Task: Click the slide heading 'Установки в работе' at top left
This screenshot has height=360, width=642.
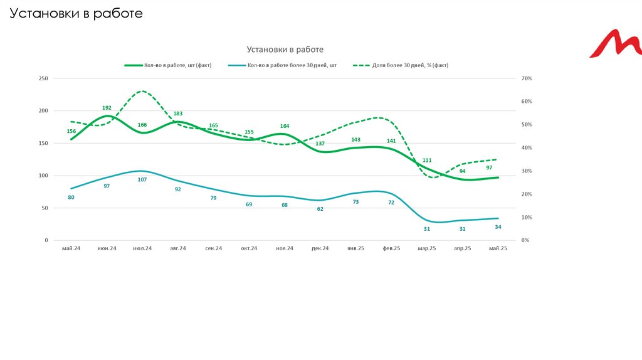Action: (x=76, y=13)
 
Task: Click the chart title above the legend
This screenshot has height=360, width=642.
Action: (x=285, y=49)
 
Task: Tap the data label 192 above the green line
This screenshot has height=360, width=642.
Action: (x=107, y=108)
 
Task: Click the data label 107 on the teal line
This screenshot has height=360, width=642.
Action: (x=142, y=180)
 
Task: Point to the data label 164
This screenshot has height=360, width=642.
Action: (x=285, y=126)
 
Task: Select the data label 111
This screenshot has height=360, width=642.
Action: (x=427, y=161)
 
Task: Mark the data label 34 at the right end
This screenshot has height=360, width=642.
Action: (x=498, y=227)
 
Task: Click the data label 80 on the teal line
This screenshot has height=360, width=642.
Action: (x=71, y=198)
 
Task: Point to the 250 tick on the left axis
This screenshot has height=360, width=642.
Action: (x=43, y=78)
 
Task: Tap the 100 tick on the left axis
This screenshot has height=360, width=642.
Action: (x=43, y=176)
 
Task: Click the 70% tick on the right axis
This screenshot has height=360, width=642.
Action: (x=526, y=78)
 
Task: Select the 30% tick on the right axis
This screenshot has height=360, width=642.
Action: (x=526, y=171)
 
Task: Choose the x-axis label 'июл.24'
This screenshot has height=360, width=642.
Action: (x=142, y=248)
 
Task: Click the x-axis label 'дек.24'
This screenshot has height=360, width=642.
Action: (x=320, y=248)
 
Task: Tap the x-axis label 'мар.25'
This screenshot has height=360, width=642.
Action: (x=427, y=248)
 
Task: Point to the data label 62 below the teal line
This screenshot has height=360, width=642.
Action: (x=320, y=209)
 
